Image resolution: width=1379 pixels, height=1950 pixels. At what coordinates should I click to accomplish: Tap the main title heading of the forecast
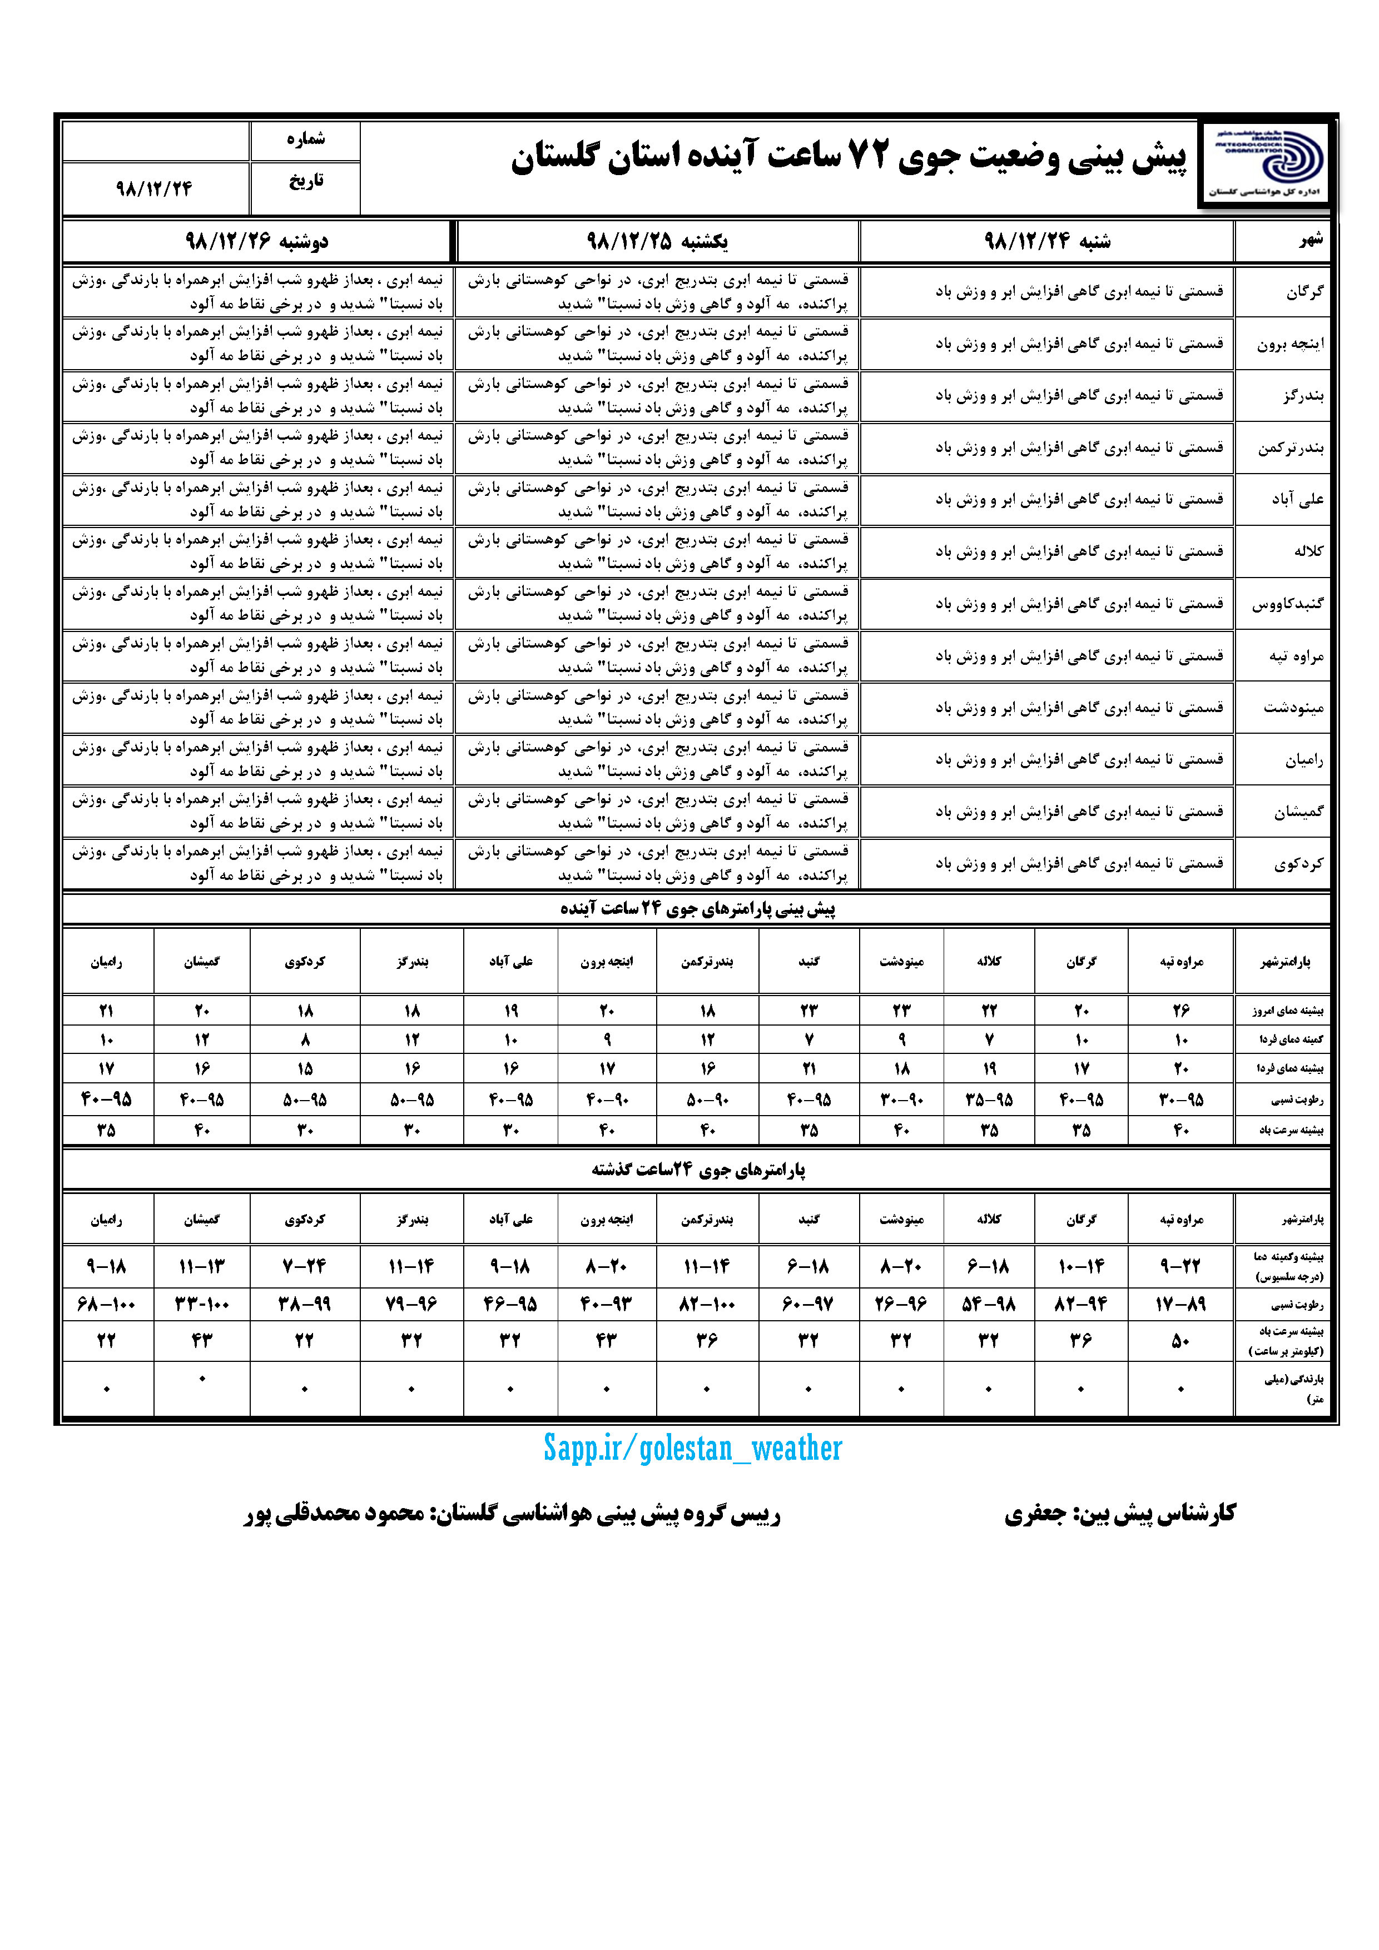pos(848,158)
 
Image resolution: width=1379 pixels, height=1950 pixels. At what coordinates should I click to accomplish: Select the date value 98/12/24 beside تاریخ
pos(155,188)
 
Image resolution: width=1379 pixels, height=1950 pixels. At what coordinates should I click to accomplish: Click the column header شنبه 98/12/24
pos(1047,242)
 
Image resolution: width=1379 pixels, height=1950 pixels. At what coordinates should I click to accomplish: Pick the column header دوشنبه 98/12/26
pos(256,242)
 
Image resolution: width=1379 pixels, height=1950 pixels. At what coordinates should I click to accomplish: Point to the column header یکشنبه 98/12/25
pos(657,242)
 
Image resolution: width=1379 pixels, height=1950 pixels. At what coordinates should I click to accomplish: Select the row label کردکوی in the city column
pos(1298,864)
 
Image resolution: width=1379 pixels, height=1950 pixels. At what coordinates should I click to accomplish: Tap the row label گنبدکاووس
pos(1288,604)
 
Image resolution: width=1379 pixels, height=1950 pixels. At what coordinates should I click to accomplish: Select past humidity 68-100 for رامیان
pos(106,1304)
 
